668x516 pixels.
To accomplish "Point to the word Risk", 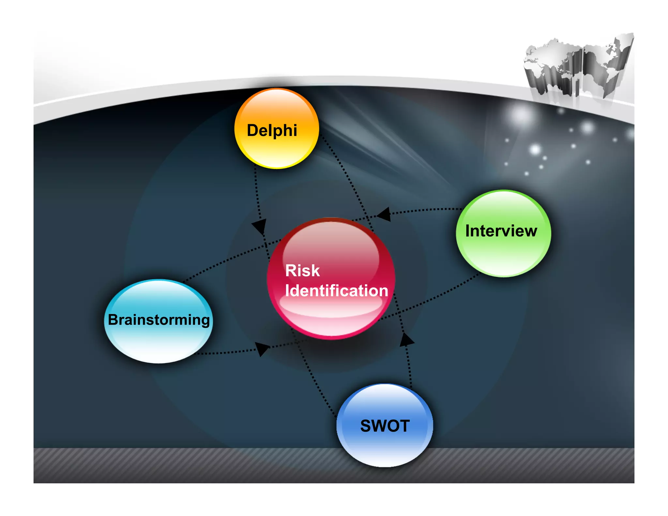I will (302, 270).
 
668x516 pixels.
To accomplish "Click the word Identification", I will (336, 291).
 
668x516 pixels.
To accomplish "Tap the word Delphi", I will (272, 130).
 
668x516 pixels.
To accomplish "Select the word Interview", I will (501, 231).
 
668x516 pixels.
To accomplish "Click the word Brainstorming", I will (159, 320).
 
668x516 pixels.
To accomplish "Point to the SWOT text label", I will (385, 426).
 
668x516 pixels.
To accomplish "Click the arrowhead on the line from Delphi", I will (260, 226).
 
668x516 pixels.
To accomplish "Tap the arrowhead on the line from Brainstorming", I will (262, 349).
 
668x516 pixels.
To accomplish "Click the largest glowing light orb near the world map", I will (521, 115).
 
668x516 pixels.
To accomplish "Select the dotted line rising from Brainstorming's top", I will (228, 258).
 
